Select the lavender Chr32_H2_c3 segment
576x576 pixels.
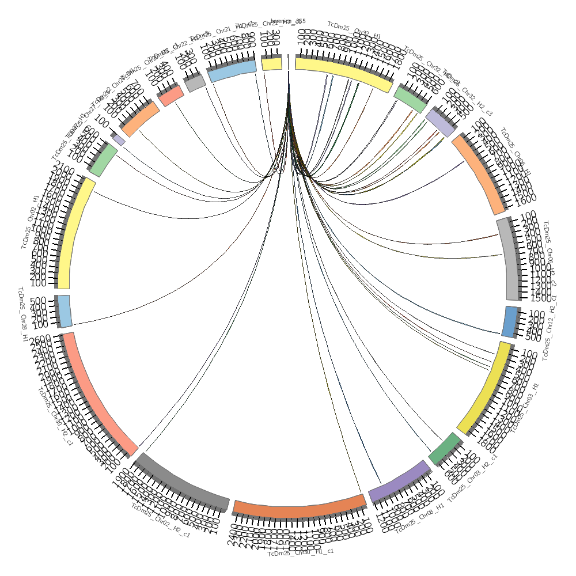click(441, 123)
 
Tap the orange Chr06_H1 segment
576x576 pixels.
click(482, 173)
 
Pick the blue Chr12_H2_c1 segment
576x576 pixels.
click(509, 322)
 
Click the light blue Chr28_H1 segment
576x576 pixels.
click(65, 310)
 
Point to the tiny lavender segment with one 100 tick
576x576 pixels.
click(119, 140)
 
